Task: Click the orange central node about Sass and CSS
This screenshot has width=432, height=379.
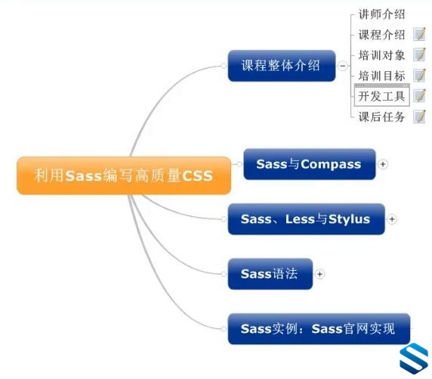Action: (x=124, y=176)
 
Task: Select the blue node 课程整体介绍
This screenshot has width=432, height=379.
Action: (x=282, y=66)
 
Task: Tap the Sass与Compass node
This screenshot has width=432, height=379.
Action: (x=310, y=164)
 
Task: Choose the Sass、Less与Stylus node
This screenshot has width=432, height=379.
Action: (x=306, y=219)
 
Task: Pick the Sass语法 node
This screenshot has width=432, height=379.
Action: (x=270, y=274)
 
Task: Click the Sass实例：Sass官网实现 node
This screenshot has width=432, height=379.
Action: (x=319, y=329)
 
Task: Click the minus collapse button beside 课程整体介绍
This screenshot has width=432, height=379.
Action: (x=343, y=66)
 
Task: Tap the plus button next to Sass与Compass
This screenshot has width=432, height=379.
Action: (x=383, y=164)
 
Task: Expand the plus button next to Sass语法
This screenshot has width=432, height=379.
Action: (x=319, y=274)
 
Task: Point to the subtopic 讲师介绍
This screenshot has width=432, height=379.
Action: (x=381, y=14)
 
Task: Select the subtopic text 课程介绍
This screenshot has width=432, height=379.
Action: (x=381, y=35)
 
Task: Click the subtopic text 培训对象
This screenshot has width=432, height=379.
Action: (x=381, y=55)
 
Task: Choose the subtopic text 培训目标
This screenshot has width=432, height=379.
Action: (x=381, y=76)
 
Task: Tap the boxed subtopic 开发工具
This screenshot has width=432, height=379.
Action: (x=381, y=95)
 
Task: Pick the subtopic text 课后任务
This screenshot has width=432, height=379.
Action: (x=381, y=116)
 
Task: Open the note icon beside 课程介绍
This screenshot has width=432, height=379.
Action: (x=419, y=34)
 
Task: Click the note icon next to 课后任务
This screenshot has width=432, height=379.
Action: (x=419, y=116)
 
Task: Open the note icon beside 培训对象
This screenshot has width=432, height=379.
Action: (x=419, y=54)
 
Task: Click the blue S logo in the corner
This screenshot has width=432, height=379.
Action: (x=414, y=359)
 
